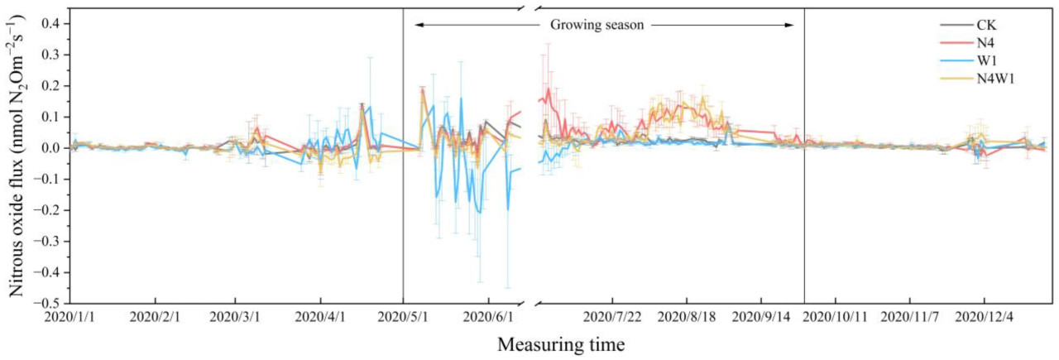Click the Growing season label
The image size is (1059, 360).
tap(597, 25)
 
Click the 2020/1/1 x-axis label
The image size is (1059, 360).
tap(70, 317)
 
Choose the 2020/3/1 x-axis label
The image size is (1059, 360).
tap(236, 317)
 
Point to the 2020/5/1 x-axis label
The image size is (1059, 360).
tap(403, 317)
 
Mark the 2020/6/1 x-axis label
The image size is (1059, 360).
tap(489, 317)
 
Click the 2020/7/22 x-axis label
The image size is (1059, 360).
tap(612, 317)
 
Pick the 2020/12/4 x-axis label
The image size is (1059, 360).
tap(985, 317)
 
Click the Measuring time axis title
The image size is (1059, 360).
tap(561, 343)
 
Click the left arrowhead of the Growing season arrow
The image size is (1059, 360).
tap(418, 25)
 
